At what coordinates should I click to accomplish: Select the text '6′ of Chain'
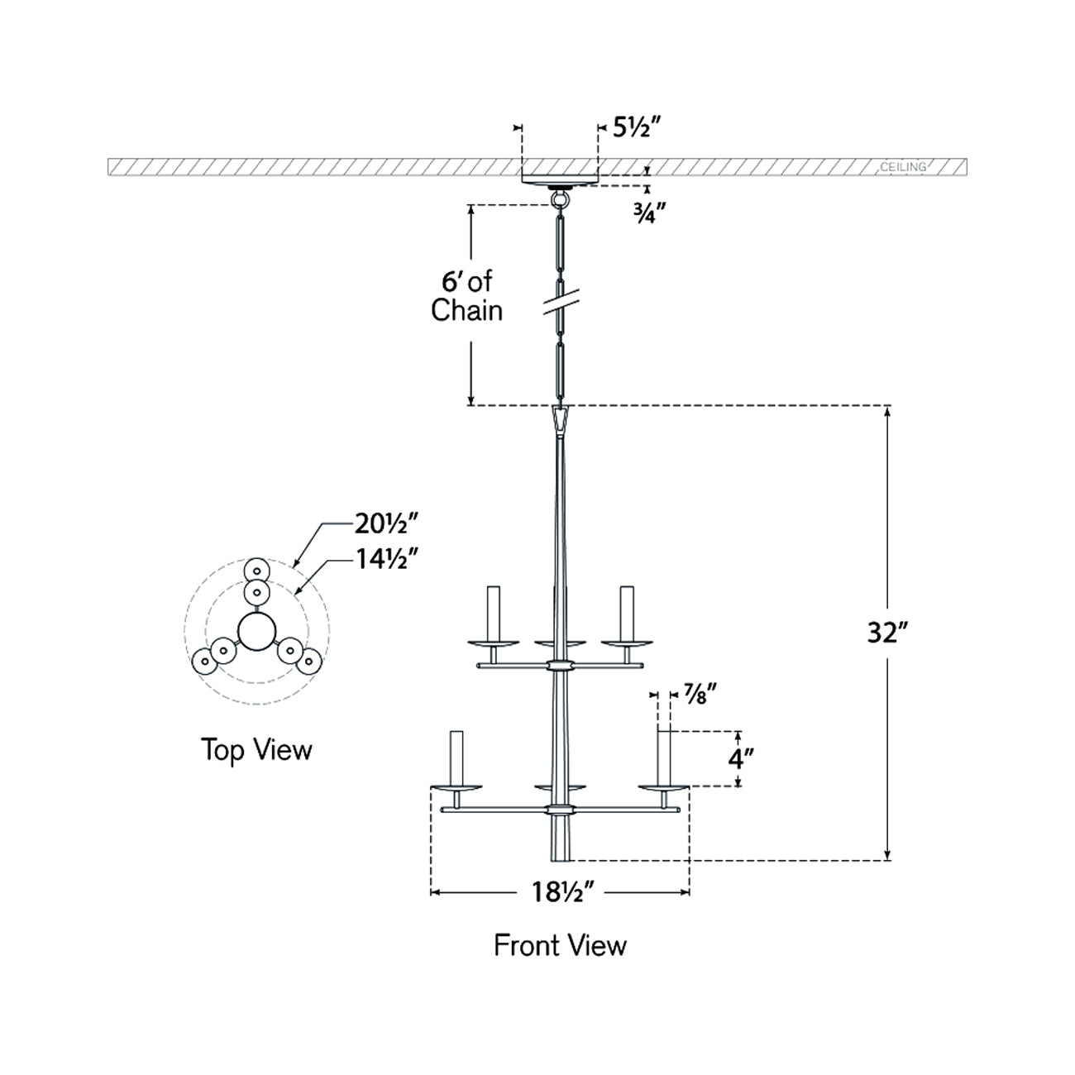[467, 296]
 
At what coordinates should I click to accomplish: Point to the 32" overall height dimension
[887, 633]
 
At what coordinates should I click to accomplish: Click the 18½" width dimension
[562, 892]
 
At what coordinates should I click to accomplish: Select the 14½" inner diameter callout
[386, 559]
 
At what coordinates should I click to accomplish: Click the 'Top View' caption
[256, 750]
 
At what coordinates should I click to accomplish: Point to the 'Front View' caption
[560, 945]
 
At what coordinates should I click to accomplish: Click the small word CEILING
[903, 167]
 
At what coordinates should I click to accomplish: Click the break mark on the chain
[560, 303]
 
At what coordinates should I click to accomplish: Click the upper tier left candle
[493, 612]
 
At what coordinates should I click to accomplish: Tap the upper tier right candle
[627, 612]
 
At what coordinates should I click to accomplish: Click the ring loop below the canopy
[560, 199]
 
